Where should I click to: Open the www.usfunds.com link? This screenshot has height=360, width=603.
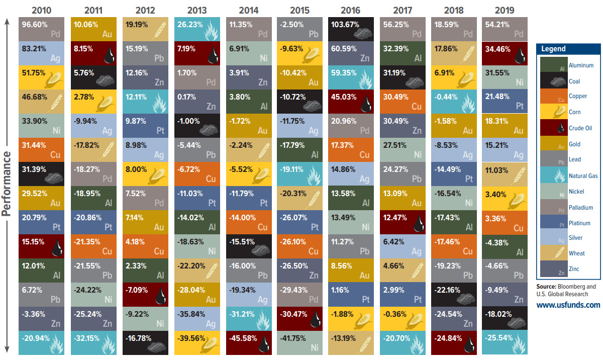pyautogui.click(x=568, y=305)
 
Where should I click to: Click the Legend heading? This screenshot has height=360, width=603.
pyautogui.click(x=553, y=49)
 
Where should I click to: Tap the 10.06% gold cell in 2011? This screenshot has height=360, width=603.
pyautogui.click(x=92, y=29)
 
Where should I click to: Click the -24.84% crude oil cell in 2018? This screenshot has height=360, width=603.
pyautogui.click(x=453, y=341)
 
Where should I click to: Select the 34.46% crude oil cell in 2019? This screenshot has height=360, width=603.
pyautogui.click(x=504, y=53)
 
